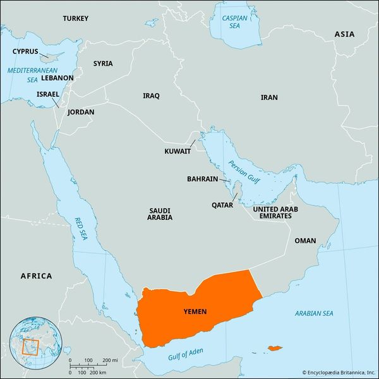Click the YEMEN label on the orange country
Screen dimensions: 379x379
(x=195, y=312)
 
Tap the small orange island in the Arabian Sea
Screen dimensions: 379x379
(x=274, y=347)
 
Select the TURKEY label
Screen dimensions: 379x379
(x=76, y=19)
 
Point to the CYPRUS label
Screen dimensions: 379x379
(x=25, y=51)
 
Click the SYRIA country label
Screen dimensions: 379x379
(x=103, y=64)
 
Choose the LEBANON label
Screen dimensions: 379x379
(x=57, y=78)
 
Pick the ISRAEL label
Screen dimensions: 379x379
(x=48, y=94)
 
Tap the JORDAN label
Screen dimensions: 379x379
(x=80, y=112)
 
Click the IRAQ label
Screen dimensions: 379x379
(x=151, y=96)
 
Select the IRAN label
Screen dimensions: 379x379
(x=269, y=98)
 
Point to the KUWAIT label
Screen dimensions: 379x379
(x=177, y=152)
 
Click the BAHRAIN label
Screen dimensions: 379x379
(x=202, y=179)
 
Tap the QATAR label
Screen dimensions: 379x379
(x=222, y=205)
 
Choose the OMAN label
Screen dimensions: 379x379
(x=305, y=241)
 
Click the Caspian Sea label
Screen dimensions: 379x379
(x=234, y=23)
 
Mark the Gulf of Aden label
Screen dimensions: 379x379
(x=186, y=354)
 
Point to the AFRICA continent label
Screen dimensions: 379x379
(x=36, y=276)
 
